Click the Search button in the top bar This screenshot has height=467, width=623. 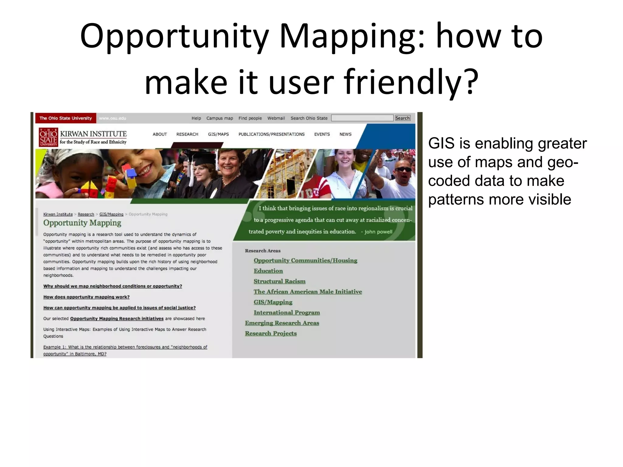402,118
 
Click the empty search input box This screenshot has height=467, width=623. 362,118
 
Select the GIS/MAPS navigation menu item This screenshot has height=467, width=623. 218,134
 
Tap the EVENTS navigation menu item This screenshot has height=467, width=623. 322,134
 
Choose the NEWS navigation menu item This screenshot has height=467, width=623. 345,134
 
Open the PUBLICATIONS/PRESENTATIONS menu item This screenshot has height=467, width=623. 271,134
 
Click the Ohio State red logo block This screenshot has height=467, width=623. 48,137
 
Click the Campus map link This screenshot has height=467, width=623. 219,118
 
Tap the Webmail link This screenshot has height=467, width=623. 276,118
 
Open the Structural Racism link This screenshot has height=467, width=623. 279,281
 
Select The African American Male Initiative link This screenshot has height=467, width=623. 308,292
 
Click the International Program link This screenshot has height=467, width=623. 287,313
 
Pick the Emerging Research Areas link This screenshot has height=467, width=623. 282,323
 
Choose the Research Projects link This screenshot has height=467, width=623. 271,333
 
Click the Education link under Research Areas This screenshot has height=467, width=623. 268,271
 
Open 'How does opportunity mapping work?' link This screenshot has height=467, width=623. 86,297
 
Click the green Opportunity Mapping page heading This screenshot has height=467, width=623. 82,223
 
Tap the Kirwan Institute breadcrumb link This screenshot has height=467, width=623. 58,214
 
